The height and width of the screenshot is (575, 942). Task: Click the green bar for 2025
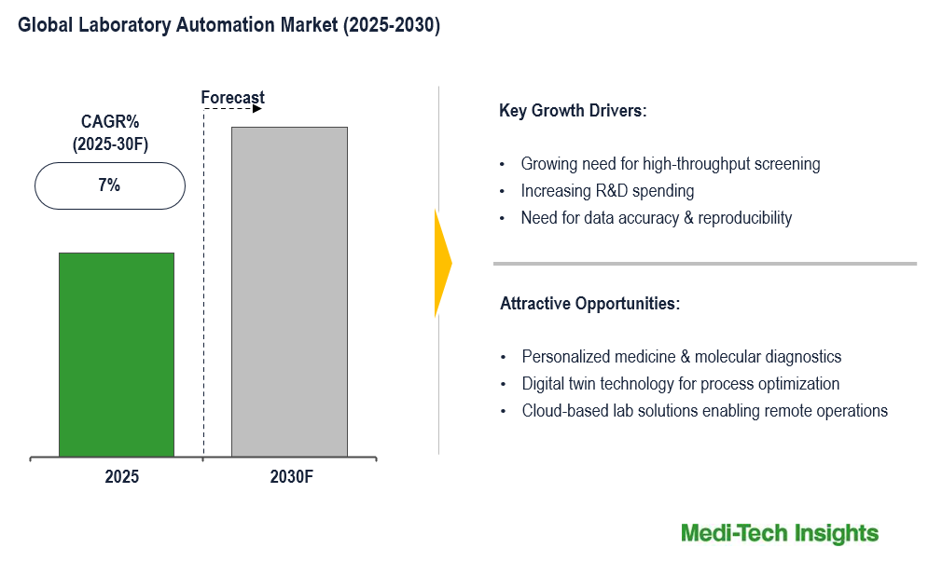(117, 355)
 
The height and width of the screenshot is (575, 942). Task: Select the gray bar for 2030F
(289, 292)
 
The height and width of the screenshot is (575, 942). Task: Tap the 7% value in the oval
(109, 185)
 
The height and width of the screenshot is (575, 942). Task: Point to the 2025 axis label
(122, 476)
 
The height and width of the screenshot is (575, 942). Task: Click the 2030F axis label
(291, 476)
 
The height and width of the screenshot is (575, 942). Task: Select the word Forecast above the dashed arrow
(232, 97)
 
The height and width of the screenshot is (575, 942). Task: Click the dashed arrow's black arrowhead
(257, 109)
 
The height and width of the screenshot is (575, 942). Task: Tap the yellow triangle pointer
(443, 263)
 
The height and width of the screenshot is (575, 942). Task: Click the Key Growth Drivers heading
(573, 111)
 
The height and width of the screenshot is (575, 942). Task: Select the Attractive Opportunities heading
(590, 303)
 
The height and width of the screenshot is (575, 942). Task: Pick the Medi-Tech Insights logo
(780, 533)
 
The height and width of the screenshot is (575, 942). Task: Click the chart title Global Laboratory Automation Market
(229, 24)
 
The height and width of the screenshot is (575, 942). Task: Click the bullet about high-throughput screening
(671, 164)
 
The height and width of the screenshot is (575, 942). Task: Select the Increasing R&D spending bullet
(607, 191)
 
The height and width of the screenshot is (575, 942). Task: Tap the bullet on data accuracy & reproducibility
(656, 218)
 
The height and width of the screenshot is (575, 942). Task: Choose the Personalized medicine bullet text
(681, 357)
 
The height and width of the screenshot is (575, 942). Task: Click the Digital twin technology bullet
(681, 384)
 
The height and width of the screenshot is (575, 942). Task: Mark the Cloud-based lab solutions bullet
(705, 411)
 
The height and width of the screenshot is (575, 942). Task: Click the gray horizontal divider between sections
(705, 264)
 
